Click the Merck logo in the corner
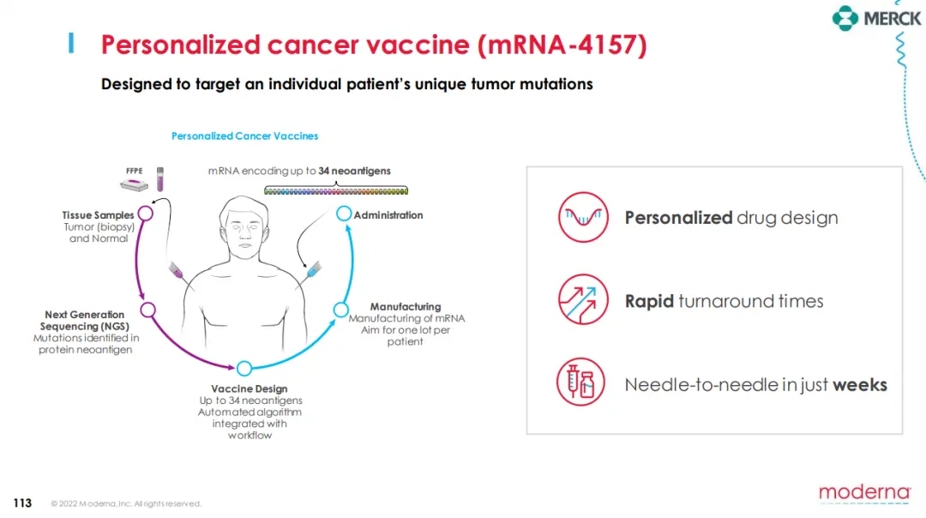[x=876, y=18]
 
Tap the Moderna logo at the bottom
[x=864, y=493]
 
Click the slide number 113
[x=22, y=503]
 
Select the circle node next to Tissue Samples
[x=146, y=214]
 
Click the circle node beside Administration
[x=344, y=214]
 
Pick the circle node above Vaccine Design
[x=244, y=369]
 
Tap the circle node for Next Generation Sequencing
[x=147, y=310]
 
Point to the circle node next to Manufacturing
[x=340, y=310]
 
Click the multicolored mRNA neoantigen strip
[x=336, y=190]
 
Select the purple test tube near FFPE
[x=160, y=179]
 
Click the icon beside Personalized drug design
[x=583, y=217]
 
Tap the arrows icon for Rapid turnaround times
[x=583, y=299]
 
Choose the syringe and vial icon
[x=580, y=382]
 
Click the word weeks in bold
[x=860, y=385]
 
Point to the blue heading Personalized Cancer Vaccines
[x=244, y=136]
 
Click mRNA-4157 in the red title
[x=562, y=45]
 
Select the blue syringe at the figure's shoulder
[x=314, y=270]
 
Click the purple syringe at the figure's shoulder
[x=177, y=270]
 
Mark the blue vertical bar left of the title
[x=71, y=43]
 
